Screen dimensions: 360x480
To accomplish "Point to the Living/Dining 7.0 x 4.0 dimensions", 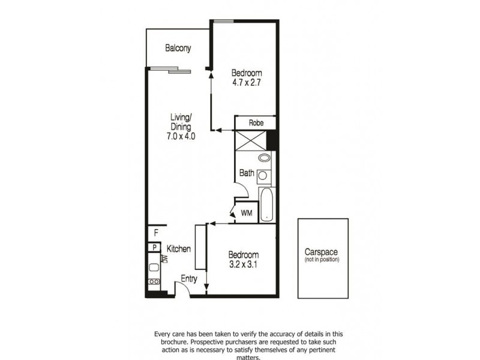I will pyautogui.click(x=181, y=137).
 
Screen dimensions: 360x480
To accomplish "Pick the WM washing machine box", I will pyautogui.click(x=245, y=213).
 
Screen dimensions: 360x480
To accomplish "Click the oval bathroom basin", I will pyautogui.click(x=265, y=158).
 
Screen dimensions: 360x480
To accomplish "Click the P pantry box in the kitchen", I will pyautogui.click(x=154, y=247).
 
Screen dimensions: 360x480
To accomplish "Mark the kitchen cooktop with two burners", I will pyautogui.click(x=154, y=281).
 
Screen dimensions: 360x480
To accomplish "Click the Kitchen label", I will pyautogui.click(x=179, y=248).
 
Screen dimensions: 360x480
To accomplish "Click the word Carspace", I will pyautogui.click(x=322, y=253).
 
